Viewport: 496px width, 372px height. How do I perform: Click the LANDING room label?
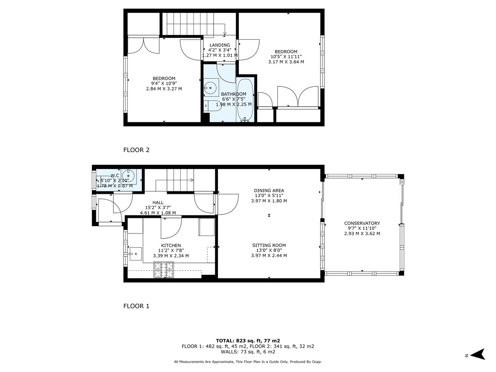(x=219, y=45)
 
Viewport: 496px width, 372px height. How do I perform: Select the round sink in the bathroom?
(x=210, y=87)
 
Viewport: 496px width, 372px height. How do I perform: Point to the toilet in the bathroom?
(x=212, y=106)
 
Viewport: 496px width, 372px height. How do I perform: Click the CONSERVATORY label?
(x=362, y=223)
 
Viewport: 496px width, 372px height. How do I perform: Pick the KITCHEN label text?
(x=171, y=246)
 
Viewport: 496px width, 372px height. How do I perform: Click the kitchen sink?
(x=136, y=254)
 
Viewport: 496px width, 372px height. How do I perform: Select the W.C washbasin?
(x=129, y=176)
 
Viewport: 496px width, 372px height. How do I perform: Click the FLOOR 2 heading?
(x=136, y=150)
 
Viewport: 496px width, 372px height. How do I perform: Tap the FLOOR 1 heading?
(x=136, y=306)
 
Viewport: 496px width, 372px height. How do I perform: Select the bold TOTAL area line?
(x=248, y=341)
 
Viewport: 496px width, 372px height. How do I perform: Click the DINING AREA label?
(x=269, y=191)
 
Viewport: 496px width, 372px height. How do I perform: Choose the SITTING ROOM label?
(x=269, y=245)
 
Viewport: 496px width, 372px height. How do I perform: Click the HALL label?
(x=158, y=203)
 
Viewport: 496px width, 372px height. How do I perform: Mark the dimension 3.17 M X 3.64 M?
(x=286, y=62)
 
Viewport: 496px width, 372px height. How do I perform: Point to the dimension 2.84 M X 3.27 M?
(x=164, y=89)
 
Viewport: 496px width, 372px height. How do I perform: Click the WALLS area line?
(x=248, y=352)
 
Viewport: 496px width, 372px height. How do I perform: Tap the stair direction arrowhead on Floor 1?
(x=192, y=180)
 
